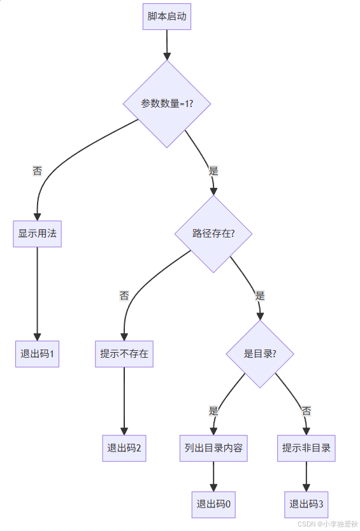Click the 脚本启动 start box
[167, 17]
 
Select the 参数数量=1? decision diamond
[167, 104]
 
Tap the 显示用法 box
[37, 234]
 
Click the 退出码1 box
[37, 354]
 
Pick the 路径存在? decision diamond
[213, 234]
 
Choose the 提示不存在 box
[124, 354]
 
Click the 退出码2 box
[124, 448]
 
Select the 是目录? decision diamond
[260, 354]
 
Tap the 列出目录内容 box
[213, 448]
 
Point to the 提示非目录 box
[306, 448]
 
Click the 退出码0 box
[213, 504]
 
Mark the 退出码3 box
[306, 504]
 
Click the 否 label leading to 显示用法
[38, 171]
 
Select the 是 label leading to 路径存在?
[213, 171]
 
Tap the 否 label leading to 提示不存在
[124, 295]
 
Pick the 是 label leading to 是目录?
[260, 295]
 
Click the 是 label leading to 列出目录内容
[213, 411]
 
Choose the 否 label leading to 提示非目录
[306, 411]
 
